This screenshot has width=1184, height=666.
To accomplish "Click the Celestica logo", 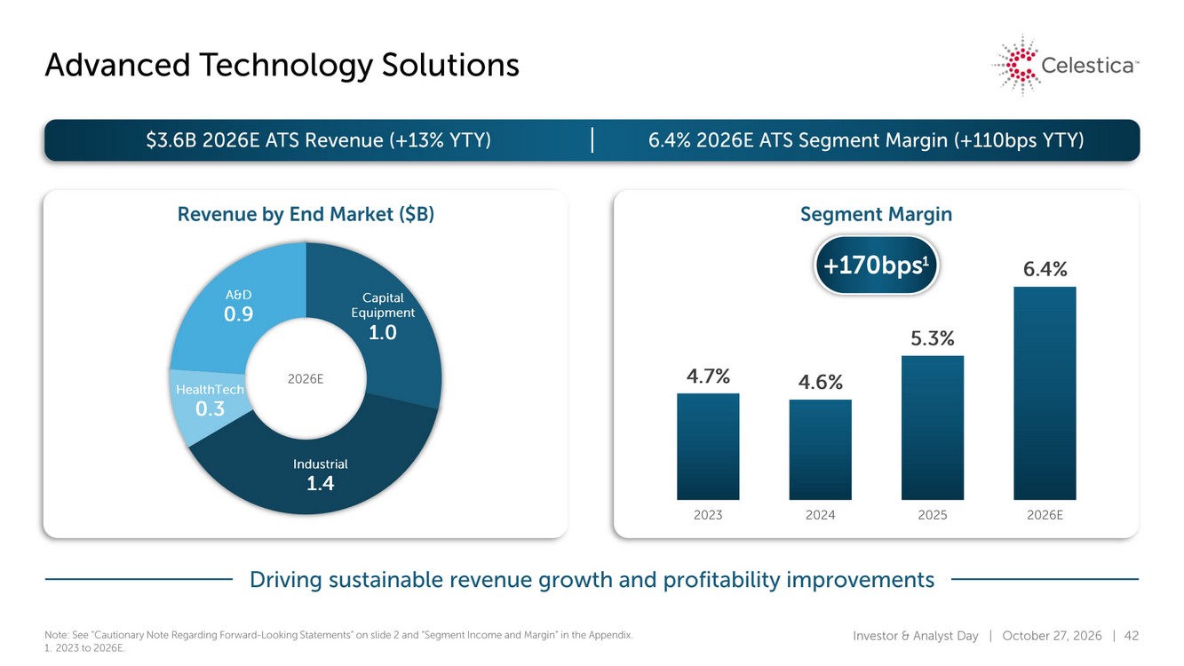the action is (x=1065, y=65).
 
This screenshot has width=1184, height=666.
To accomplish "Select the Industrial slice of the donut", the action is (x=320, y=471).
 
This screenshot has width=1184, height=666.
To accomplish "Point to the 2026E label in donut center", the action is (x=306, y=379).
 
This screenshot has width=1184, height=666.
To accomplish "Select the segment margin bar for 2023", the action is (x=708, y=446).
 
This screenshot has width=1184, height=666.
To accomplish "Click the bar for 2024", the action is (x=821, y=449).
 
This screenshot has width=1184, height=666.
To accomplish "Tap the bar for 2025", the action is (x=933, y=428).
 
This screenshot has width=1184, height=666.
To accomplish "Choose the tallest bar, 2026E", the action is (x=1045, y=393).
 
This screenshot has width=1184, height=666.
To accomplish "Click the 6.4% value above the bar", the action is (x=1045, y=269).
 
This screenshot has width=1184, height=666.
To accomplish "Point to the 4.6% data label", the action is (x=821, y=382).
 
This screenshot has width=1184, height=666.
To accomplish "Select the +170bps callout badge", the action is (x=876, y=265).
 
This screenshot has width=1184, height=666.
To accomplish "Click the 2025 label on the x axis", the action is (x=933, y=515).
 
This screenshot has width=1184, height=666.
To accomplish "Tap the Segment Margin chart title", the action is (x=876, y=214).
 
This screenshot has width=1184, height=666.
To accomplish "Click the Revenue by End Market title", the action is (x=306, y=215).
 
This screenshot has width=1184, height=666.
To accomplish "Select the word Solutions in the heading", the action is (x=450, y=65).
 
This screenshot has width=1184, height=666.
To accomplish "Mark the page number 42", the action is (x=1131, y=635).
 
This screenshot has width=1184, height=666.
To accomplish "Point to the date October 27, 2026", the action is (x=1052, y=635).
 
